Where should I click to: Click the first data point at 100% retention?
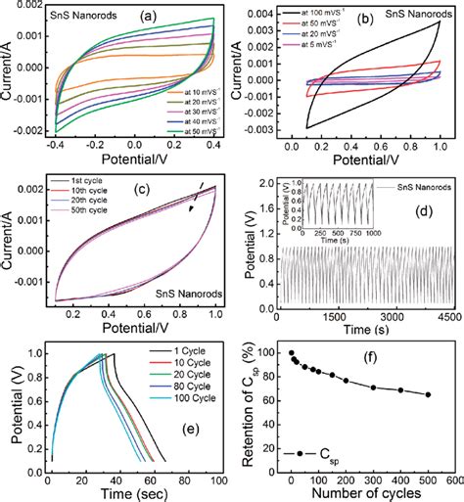click(291, 352)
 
